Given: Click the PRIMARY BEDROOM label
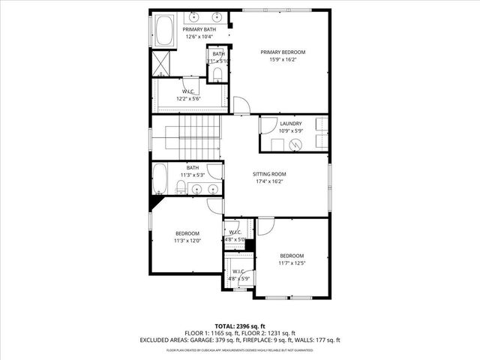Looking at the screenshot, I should coord(283,52).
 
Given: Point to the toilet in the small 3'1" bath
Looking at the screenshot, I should coord(217,73).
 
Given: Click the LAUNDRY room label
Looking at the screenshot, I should coord(291,124).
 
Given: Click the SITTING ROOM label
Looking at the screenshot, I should coord(269,174).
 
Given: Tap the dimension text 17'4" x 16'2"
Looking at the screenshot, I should coord(269,181).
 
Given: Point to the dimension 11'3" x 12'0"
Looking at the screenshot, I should coord(187,241).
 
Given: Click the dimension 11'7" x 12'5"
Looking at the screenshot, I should coord(292,262).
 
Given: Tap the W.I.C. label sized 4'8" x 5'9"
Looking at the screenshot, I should coord(239,271).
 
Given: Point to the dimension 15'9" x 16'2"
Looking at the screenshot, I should coord(283,60).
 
